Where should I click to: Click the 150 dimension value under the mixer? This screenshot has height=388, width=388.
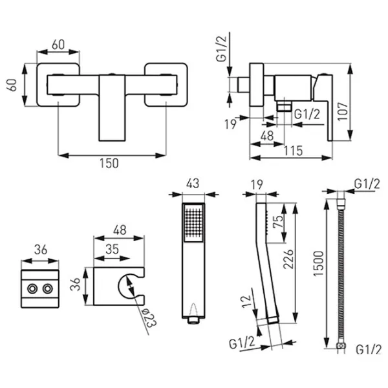pyautogui.click(x=111, y=164)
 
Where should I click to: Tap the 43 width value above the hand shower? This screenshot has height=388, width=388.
pyautogui.click(x=193, y=184)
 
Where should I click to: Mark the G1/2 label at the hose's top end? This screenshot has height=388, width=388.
pyautogui.click(x=366, y=184)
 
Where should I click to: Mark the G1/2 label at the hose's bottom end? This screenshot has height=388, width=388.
pyautogui.click(x=366, y=349)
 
